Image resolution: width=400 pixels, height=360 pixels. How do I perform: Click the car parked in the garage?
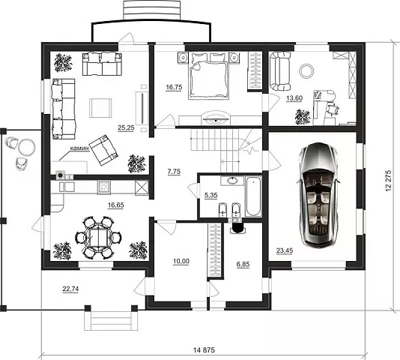(x=318, y=195)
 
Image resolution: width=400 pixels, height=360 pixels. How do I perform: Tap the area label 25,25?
(x=126, y=127)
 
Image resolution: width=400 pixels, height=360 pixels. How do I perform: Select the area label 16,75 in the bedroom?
(x=174, y=88)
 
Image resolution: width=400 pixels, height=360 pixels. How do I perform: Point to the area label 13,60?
(x=294, y=98)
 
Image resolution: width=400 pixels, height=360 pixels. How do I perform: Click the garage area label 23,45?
(x=285, y=250)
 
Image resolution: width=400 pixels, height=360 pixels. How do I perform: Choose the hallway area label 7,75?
(x=174, y=172)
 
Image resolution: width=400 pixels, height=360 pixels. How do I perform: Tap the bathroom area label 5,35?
(x=211, y=195)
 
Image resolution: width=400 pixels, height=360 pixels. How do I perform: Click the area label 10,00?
(x=181, y=261)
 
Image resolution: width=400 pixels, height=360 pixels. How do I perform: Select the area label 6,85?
(x=243, y=265)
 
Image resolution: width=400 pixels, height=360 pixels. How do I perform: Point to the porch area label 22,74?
(x=70, y=289)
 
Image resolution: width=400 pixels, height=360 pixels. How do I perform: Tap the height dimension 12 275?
(x=388, y=180)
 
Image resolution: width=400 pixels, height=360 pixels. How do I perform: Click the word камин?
(x=80, y=148)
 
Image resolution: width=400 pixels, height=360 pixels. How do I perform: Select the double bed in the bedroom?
(x=208, y=76)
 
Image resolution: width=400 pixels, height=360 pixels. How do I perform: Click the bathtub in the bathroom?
(x=253, y=196)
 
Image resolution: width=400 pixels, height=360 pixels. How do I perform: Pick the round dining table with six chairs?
(x=98, y=237)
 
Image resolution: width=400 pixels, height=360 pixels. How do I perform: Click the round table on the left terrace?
(x=26, y=146)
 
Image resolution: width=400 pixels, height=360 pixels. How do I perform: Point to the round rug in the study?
(x=307, y=71)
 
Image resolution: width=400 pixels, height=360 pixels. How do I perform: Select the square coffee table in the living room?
(x=100, y=108)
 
